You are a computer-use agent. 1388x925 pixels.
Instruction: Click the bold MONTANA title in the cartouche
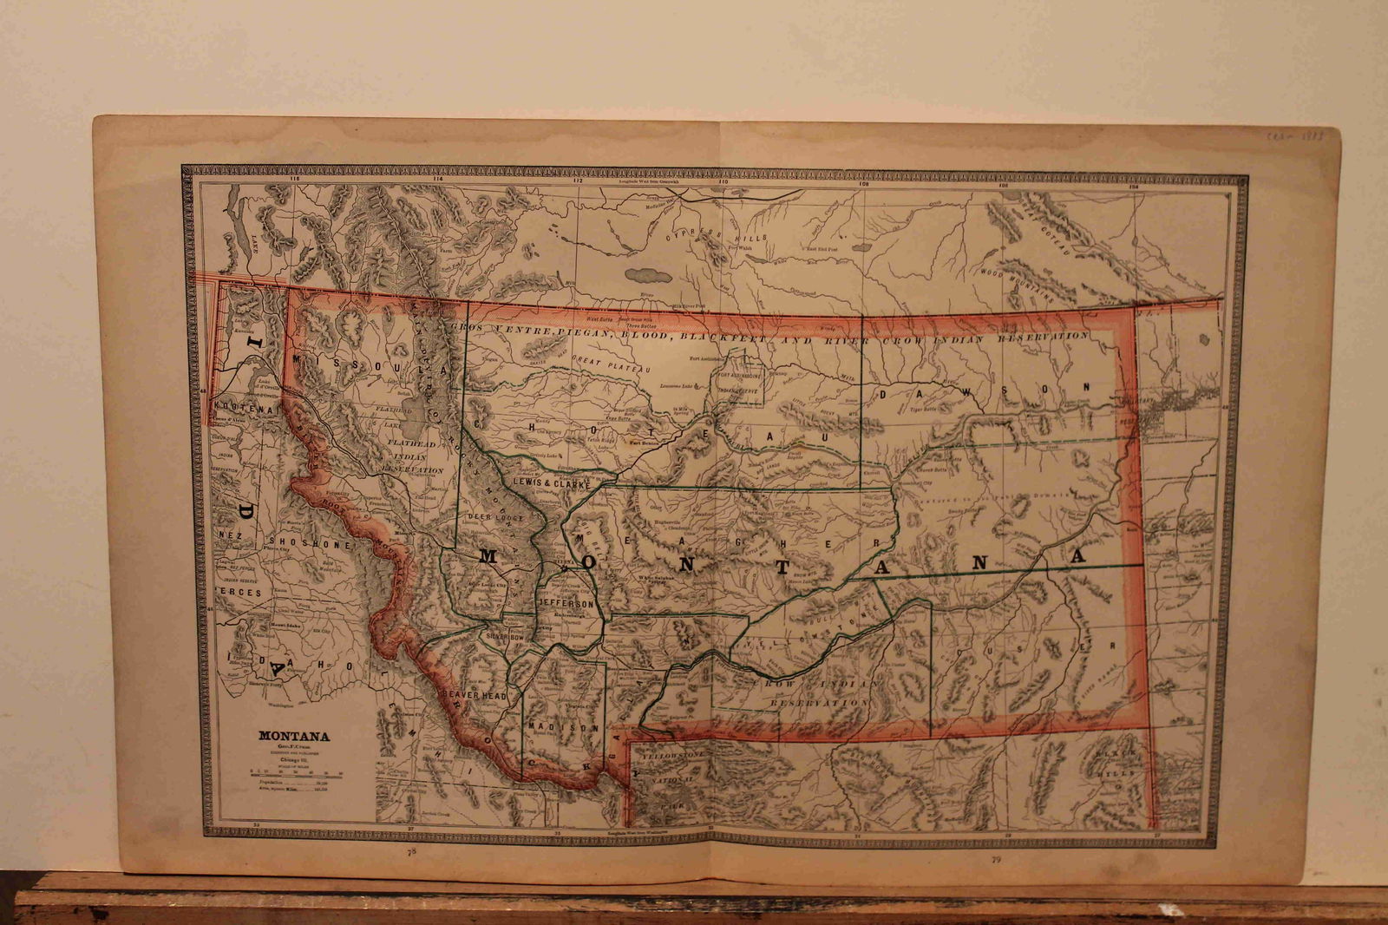pyautogui.click(x=293, y=736)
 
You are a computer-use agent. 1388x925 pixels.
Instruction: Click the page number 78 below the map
pyautogui.click(x=412, y=853)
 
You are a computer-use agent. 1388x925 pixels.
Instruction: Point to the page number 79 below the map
pyautogui.click(x=995, y=860)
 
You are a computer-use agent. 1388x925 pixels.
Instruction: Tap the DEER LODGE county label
pyautogui.click(x=490, y=517)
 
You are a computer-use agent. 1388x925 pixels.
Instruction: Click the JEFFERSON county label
pyautogui.click(x=566, y=603)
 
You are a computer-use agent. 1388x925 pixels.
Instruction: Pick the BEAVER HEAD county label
pyautogui.click(x=474, y=696)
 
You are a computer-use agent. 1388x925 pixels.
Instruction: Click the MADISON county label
pyautogui.click(x=563, y=727)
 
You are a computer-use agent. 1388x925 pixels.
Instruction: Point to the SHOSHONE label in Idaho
pyautogui.click(x=314, y=545)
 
